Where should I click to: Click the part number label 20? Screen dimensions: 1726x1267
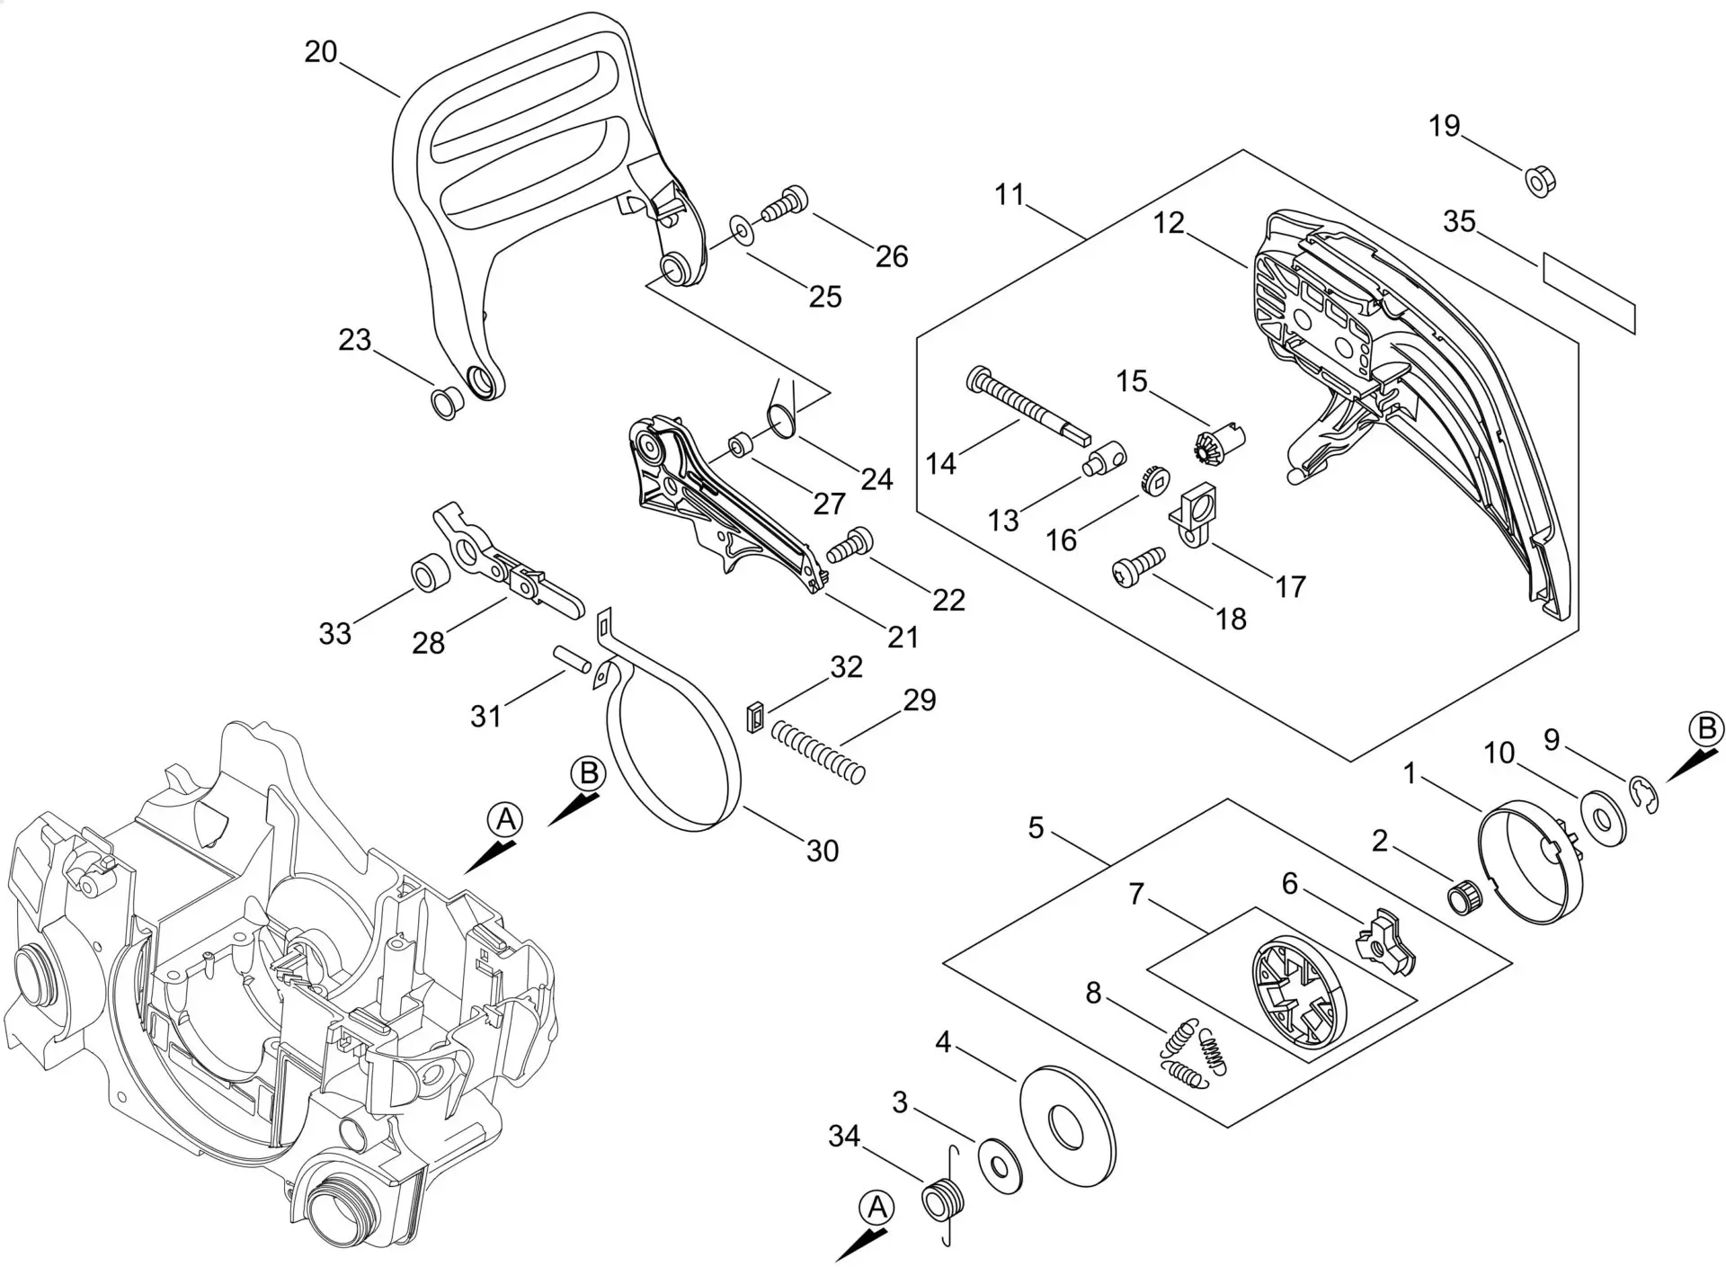[320, 52]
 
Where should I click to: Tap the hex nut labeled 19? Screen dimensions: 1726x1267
[1541, 181]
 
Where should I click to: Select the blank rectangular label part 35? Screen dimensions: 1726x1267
[1588, 293]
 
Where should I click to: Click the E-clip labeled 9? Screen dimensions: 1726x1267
[1644, 796]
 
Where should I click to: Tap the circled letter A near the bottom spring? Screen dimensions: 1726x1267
[878, 1208]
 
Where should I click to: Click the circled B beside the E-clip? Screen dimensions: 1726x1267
[1706, 728]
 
